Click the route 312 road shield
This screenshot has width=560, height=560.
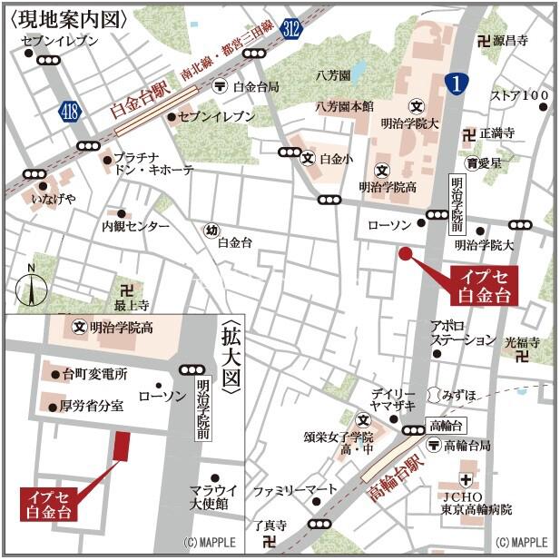pos(290,28)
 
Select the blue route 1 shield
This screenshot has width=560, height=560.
pos(457,84)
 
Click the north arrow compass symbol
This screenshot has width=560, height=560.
pos(31,287)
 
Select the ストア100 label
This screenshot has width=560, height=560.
pos(519,94)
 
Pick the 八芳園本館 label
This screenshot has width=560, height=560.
pos(344,106)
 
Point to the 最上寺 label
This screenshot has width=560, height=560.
pos(132,307)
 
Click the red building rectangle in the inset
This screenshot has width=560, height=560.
pos(121,446)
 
